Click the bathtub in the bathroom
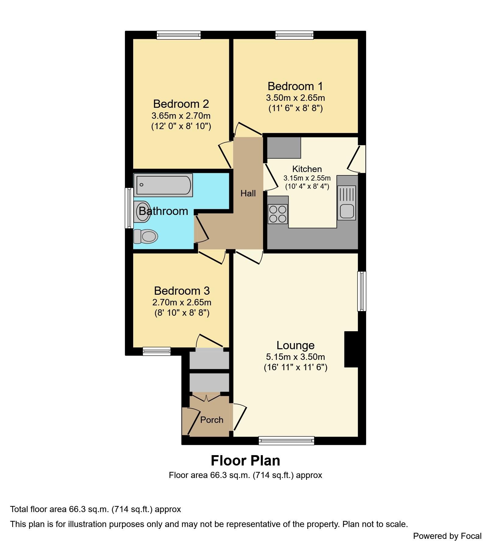[x=163, y=185]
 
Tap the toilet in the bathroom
[x=146, y=236]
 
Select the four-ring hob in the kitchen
[x=278, y=214]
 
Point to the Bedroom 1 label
[x=295, y=86]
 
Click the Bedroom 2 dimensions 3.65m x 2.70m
[x=181, y=116]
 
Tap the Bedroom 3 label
[x=182, y=291]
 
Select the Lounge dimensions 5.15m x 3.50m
[x=295, y=357]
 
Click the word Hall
[x=248, y=193]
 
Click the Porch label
[x=212, y=420]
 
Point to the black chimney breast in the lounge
[x=351, y=349]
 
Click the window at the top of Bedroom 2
[x=179, y=35]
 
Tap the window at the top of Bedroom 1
[x=294, y=35]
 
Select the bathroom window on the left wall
[x=129, y=208]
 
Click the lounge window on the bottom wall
[x=286, y=440]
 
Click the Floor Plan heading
[x=245, y=461]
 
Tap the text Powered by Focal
[x=447, y=536]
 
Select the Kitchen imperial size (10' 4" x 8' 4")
[x=307, y=186]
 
